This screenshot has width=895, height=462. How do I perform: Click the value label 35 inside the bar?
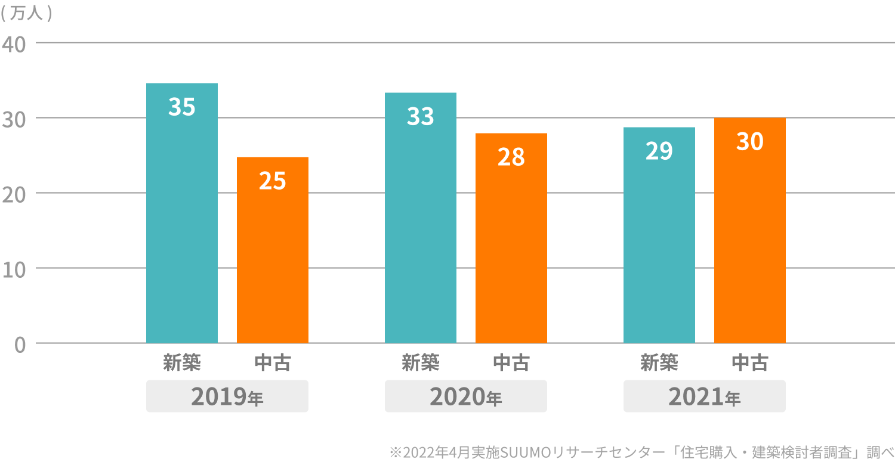(x=182, y=107)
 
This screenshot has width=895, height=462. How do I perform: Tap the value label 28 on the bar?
(x=511, y=157)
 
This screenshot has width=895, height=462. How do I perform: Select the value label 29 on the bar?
(x=659, y=151)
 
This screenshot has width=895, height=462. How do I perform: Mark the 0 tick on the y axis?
(x=20, y=345)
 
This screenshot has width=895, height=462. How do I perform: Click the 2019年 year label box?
(x=227, y=396)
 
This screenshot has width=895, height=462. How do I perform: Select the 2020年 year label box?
(x=466, y=396)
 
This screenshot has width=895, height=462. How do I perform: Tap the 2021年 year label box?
(x=705, y=396)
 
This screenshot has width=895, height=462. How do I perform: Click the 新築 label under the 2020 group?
(x=421, y=362)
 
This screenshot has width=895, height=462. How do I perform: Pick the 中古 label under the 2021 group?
(x=750, y=362)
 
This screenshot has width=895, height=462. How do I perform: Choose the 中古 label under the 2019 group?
(x=273, y=362)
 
